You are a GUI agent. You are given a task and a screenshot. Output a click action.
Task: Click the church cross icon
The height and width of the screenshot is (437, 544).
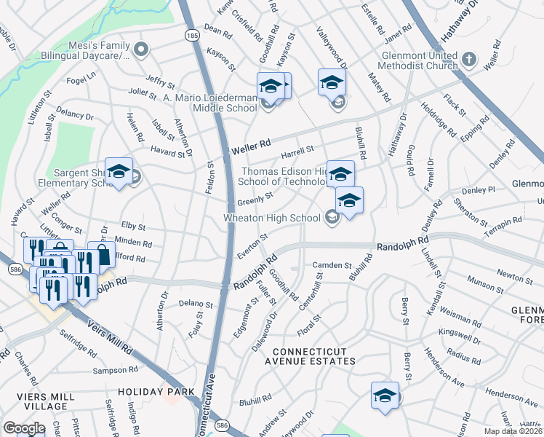[x=470, y=59]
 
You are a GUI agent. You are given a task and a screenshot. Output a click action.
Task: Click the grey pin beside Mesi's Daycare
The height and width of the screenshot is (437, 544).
[x=142, y=50]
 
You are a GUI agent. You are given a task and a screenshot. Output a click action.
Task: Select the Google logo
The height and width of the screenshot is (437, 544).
[x=24, y=428]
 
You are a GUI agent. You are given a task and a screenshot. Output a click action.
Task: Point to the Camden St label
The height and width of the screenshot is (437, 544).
[x=332, y=266]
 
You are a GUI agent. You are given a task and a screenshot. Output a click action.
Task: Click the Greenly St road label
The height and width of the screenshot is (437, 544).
[x=255, y=198]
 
